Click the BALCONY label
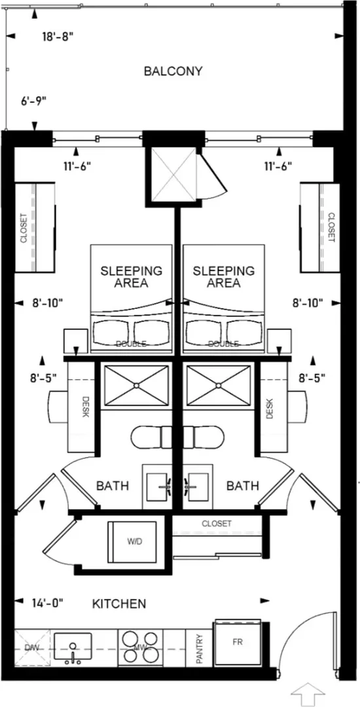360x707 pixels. tap(173, 71)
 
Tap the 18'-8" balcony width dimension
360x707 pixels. tap(58, 37)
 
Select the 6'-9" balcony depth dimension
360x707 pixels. tap(34, 101)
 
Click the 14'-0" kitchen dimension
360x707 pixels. tap(48, 602)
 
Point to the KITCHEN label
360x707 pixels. tap(119, 604)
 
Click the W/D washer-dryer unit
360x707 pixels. tap(132, 541)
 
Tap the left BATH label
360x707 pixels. tap(113, 486)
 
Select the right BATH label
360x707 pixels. tap(242, 486)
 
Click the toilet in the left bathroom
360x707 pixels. tap(152, 437)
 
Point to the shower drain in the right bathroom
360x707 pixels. tap(219, 386)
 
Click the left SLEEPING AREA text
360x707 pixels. tap(131, 277)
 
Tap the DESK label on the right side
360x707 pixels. tap(270, 408)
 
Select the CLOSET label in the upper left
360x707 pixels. tap(24, 228)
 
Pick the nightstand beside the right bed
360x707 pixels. tap(279, 341)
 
